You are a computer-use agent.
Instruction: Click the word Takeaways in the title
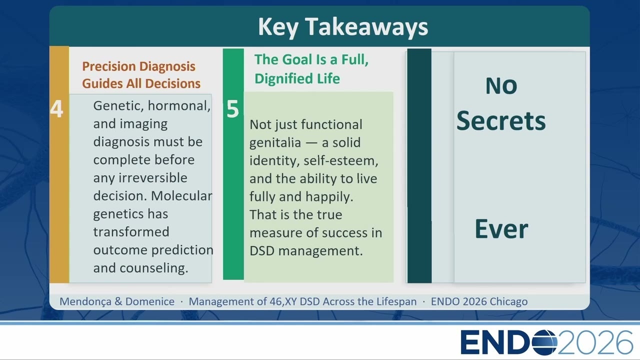click(x=367, y=27)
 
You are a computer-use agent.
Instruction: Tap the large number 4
click(x=56, y=109)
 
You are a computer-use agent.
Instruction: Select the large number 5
click(x=232, y=109)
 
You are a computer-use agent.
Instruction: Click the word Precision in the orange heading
click(x=105, y=66)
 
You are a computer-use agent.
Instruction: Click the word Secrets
click(x=501, y=121)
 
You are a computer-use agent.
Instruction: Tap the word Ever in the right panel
click(x=501, y=229)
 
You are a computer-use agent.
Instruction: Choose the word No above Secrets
click(x=501, y=85)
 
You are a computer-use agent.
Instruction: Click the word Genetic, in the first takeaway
click(x=118, y=106)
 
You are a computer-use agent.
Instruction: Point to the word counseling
click(x=153, y=268)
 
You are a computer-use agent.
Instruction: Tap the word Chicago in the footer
click(x=508, y=301)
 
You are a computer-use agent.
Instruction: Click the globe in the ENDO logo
click(x=544, y=342)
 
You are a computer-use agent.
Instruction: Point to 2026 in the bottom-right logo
click(x=595, y=342)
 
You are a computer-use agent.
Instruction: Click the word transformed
click(x=131, y=231)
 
